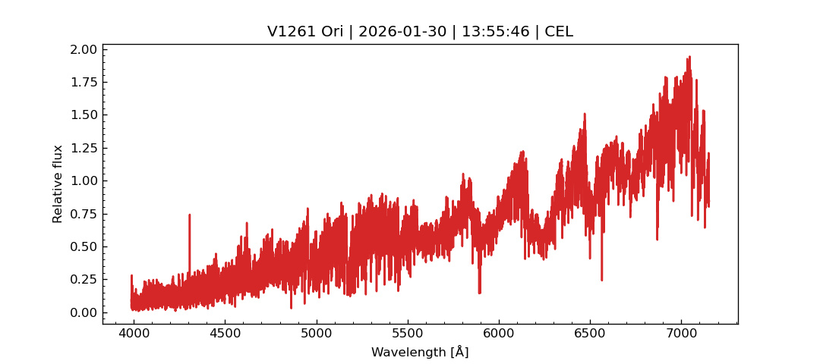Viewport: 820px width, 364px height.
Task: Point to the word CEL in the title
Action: point(559,32)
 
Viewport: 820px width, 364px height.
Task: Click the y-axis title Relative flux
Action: point(58,184)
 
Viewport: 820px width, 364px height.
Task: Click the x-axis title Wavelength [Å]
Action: point(420,353)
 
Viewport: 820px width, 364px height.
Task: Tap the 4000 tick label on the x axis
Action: point(134,334)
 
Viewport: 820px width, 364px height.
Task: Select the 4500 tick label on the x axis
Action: point(225,334)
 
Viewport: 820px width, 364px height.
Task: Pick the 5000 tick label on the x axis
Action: point(316,334)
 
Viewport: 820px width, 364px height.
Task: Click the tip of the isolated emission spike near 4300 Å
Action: point(189,215)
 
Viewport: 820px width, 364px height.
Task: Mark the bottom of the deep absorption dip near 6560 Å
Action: point(601,281)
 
